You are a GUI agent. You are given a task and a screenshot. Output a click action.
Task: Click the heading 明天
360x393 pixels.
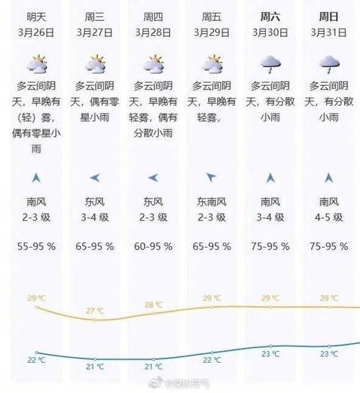36,16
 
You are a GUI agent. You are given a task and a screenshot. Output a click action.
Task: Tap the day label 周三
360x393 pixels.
95,16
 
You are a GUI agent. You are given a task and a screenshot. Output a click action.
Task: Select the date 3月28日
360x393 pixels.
153,32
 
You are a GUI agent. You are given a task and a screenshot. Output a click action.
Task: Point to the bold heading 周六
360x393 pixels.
271,16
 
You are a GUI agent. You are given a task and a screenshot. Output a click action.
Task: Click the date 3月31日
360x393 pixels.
329,32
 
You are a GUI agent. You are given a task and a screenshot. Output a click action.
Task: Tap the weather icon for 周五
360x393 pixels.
212,64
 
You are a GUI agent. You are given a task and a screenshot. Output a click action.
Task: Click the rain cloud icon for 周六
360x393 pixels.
271,65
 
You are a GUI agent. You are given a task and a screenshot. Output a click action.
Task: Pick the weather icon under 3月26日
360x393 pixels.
36,64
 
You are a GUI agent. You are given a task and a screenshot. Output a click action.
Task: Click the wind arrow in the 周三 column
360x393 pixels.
95,178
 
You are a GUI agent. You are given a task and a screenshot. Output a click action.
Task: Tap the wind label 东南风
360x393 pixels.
212,202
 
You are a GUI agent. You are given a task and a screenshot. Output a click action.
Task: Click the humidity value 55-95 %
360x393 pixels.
36,246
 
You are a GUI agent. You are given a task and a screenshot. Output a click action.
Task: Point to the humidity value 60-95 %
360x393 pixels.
153,246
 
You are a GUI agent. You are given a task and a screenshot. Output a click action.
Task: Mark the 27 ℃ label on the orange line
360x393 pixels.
95,310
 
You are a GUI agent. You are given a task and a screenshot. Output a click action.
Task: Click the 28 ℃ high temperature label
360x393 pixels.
153,304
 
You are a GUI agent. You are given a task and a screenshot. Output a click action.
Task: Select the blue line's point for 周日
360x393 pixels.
329,345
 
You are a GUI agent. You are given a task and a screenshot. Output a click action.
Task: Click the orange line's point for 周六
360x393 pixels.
271,307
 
